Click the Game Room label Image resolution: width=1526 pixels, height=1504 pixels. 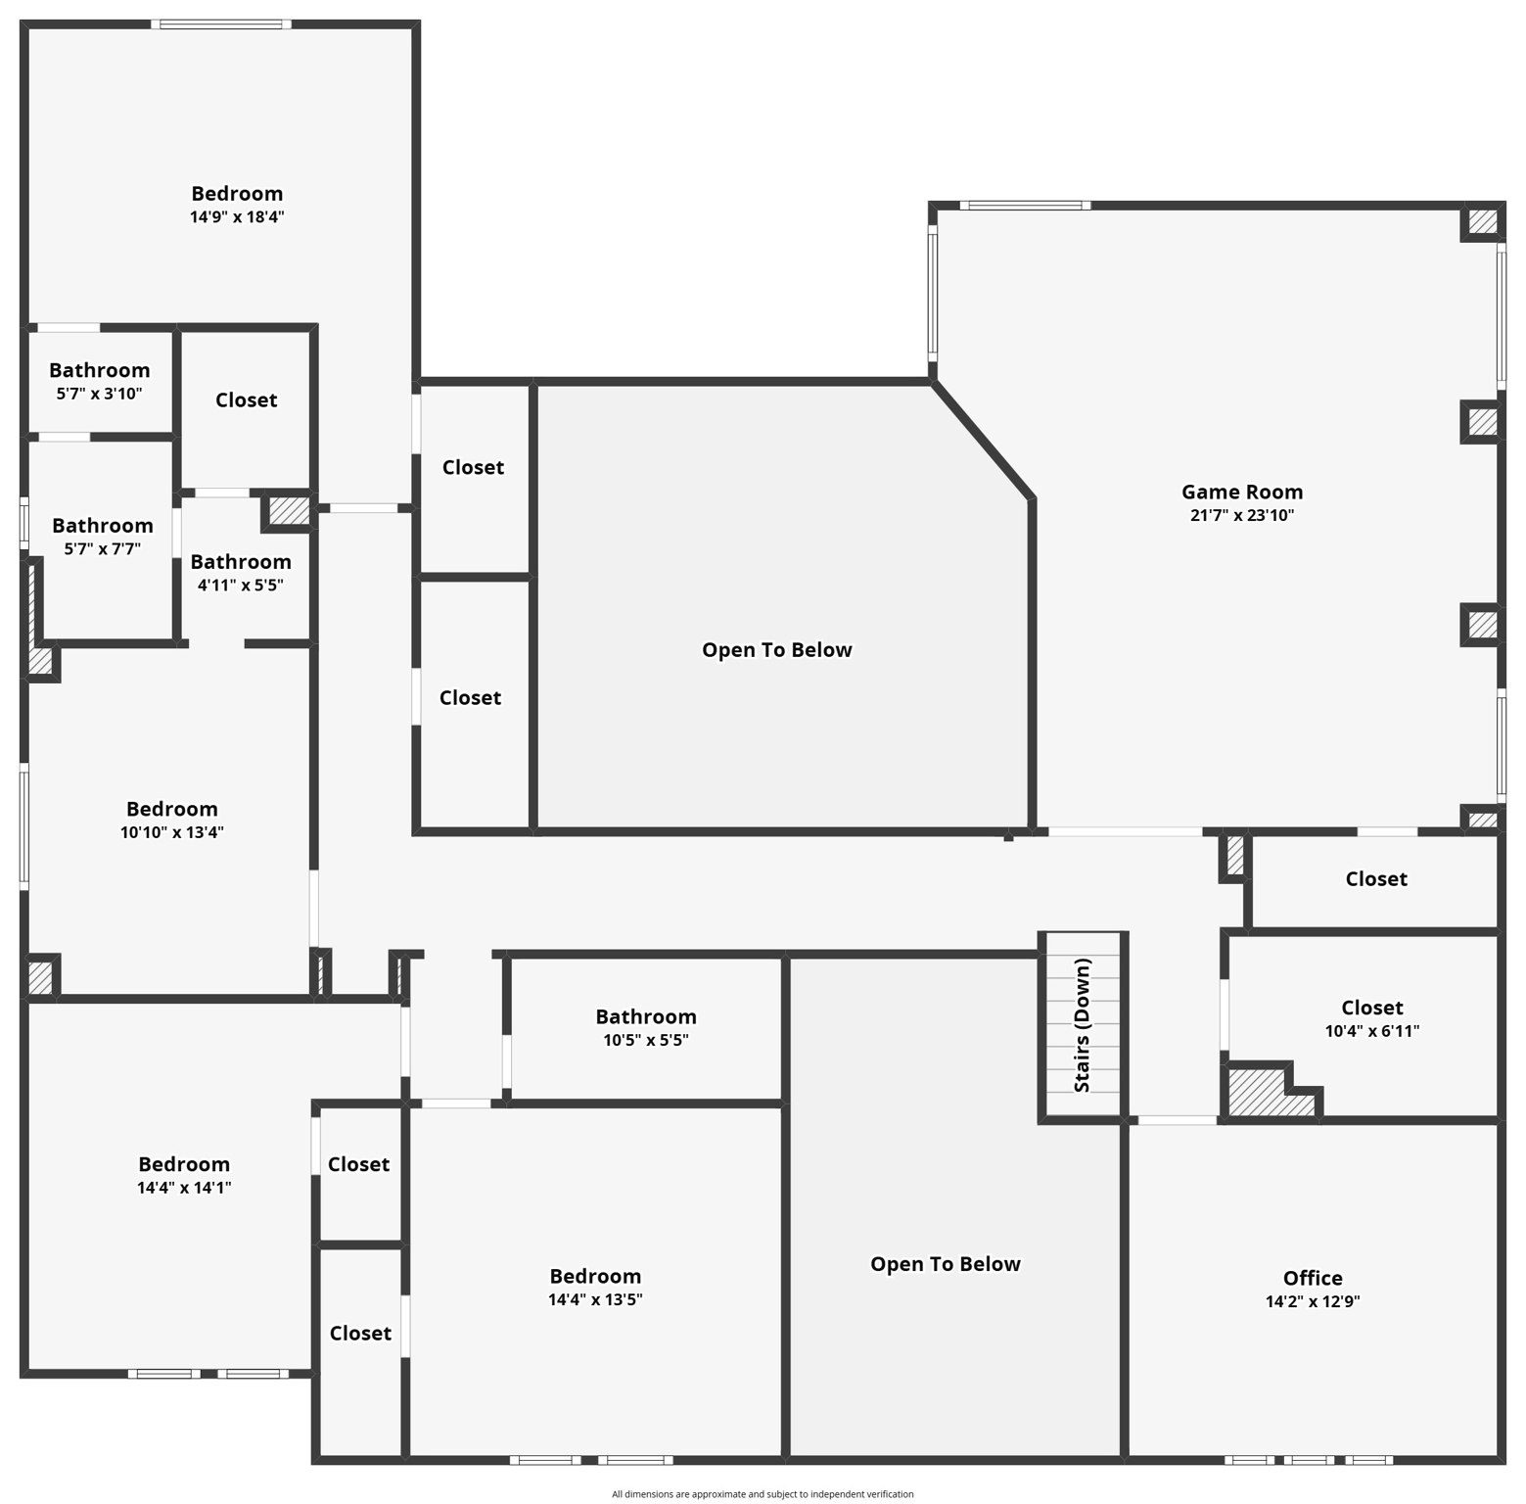(x=1241, y=493)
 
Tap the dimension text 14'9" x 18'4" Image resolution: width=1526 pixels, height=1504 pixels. (x=237, y=217)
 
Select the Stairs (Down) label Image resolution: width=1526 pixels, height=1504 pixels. (x=1082, y=1025)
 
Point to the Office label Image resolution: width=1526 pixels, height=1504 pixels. (x=1312, y=1278)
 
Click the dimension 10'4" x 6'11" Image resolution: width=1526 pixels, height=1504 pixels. (x=1371, y=1031)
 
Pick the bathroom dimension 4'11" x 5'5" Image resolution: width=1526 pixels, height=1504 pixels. (x=240, y=586)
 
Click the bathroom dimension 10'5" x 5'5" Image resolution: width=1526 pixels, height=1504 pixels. (x=645, y=1040)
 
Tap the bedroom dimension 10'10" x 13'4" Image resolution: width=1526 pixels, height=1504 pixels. (x=171, y=832)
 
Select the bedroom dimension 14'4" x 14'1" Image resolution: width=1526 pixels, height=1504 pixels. (x=183, y=1188)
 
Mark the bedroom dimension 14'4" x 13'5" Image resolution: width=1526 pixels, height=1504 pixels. (x=594, y=1300)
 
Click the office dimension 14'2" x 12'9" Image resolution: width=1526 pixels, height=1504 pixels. (x=1312, y=1302)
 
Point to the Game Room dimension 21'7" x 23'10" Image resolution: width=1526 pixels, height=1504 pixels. (x=1241, y=516)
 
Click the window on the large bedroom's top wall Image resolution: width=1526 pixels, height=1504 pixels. (x=221, y=24)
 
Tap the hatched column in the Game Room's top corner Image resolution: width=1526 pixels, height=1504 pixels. (x=1482, y=221)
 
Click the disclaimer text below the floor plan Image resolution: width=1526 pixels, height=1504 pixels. (x=763, y=1494)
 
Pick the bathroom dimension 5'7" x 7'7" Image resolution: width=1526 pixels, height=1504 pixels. (x=102, y=549)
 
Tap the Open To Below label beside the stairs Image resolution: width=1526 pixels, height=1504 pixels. (x=945, y=1264)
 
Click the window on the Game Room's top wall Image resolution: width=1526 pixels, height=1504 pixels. (x=1024, y=206)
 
